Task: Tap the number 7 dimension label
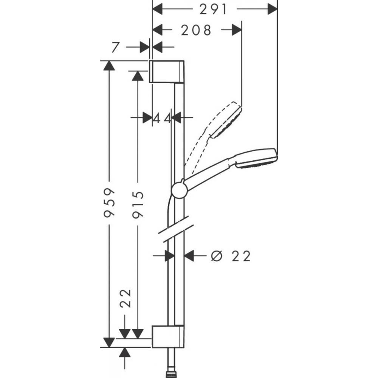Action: coord(116,47)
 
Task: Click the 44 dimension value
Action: coord(162,118)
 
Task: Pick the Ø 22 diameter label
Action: coord(231,256)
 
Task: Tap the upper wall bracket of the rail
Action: coord(167,71)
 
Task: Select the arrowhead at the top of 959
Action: coord(109,65)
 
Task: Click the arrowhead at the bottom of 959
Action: coord(109,342)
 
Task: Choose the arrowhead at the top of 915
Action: coord(138,76)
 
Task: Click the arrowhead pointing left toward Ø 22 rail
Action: coord(189,256)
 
